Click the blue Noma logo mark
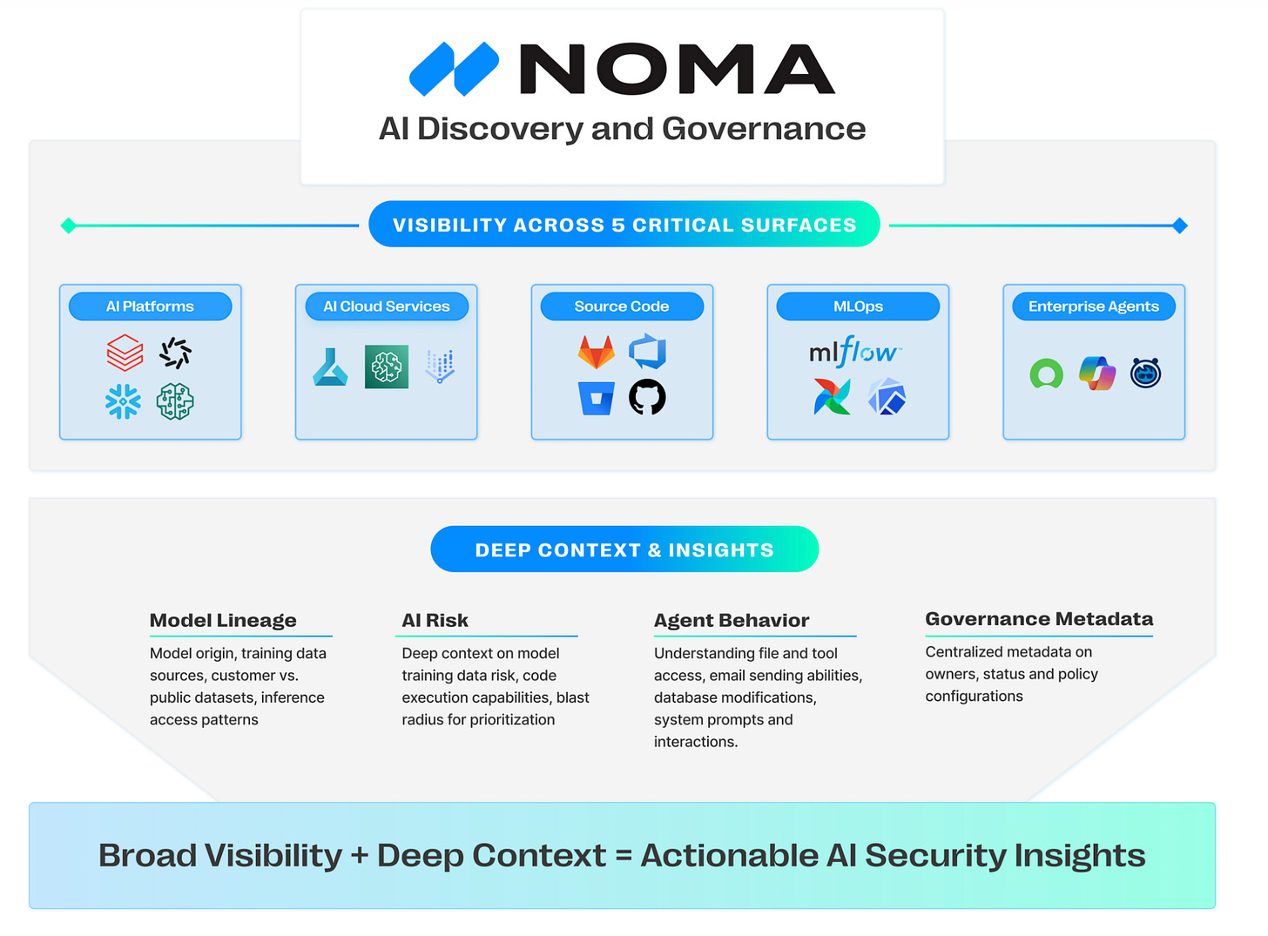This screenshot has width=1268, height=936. click(x=454, y=69)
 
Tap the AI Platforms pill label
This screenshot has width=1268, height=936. click(x=150, y=306)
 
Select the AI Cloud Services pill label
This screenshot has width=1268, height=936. click(x=387, y=306)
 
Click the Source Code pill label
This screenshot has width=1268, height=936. click(x=622, y=306)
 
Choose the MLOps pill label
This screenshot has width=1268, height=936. click(x=858, y=306)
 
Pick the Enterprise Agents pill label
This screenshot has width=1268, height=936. click(x=1094, y=306)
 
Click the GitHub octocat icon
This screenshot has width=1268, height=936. click(x=647, y=398)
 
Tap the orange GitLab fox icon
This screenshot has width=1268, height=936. click(x=597, y=352)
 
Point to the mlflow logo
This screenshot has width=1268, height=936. click(x=854, y=352)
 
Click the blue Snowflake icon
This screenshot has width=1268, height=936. click(x=123, y=401)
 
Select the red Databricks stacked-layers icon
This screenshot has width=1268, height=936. click(x=125, y=353)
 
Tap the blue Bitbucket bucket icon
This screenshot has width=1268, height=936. click(x=597, y=398)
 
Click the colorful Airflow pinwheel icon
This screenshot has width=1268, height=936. click(x=832, y=397)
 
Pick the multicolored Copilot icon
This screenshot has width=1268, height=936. click(x=1097, y=374)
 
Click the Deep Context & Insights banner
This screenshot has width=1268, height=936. click(x=624, y=549)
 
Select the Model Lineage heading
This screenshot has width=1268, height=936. click(x=223, y=621)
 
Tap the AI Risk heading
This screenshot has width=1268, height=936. click(x=435, y=621)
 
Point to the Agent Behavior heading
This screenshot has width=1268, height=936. click(x=732, y=621)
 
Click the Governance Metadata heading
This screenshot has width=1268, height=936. click(x=1039, y=619)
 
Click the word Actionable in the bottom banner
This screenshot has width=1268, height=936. click(x=730, y=856)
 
